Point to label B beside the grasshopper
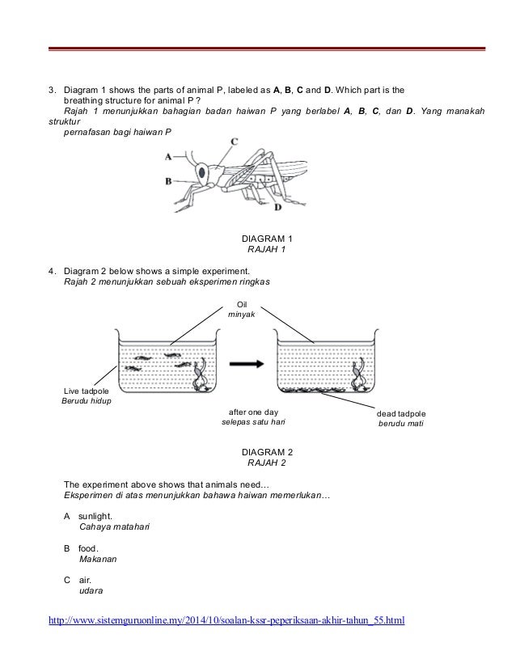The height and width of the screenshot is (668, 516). point(167,181)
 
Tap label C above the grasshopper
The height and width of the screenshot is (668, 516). point(234,141)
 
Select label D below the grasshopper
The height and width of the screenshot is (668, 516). point(277,207)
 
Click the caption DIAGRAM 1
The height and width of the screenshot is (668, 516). point(268,240)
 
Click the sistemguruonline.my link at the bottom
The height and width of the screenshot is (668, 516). point(226,621)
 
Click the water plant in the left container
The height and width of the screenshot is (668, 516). point(199,374)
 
